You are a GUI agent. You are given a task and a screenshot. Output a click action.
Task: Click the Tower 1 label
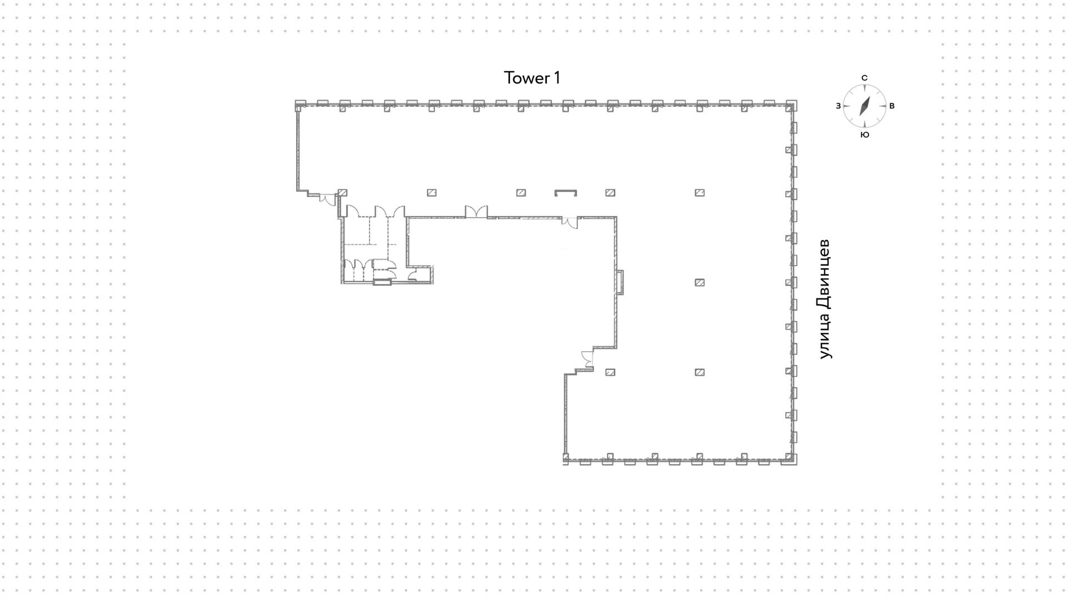point(532,78)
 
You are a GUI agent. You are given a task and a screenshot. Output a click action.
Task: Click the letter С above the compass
point(864,78)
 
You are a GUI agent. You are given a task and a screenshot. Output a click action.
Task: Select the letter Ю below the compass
point(865,135)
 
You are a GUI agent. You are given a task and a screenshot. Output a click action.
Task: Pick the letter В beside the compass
point(892,106)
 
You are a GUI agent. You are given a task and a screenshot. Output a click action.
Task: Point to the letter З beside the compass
point(838,106)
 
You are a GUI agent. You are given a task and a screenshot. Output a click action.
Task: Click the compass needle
point(865,106)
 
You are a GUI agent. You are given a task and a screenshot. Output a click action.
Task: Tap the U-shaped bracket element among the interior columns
point(566,192)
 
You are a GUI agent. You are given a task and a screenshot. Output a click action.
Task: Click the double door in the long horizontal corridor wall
point(476,212)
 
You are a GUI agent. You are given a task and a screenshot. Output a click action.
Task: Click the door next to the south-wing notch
point(588,359)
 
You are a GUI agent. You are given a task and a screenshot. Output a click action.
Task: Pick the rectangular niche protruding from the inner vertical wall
point(620,282)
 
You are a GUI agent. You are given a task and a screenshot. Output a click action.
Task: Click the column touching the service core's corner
point(342,193)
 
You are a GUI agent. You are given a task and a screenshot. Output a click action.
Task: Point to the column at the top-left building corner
point(300,106)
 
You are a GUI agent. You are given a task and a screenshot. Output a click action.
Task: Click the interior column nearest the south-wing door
point(610,372)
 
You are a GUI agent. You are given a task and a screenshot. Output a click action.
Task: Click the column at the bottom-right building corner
point(790,458)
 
